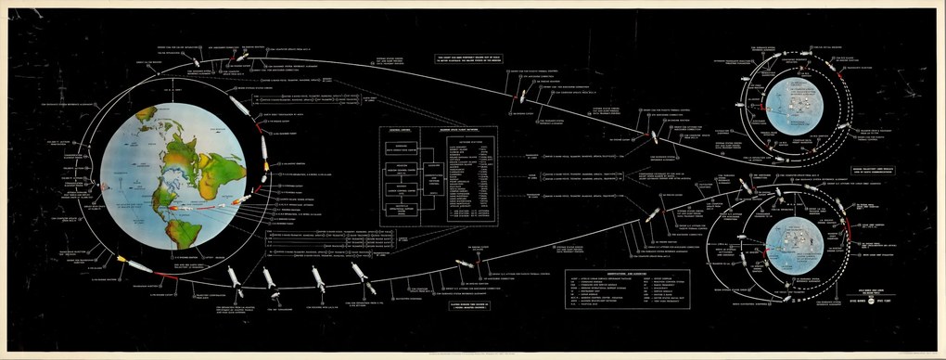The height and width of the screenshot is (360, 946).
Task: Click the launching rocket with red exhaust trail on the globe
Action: [243, 199]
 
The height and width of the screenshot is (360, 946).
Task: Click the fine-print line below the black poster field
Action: [473, 354]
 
